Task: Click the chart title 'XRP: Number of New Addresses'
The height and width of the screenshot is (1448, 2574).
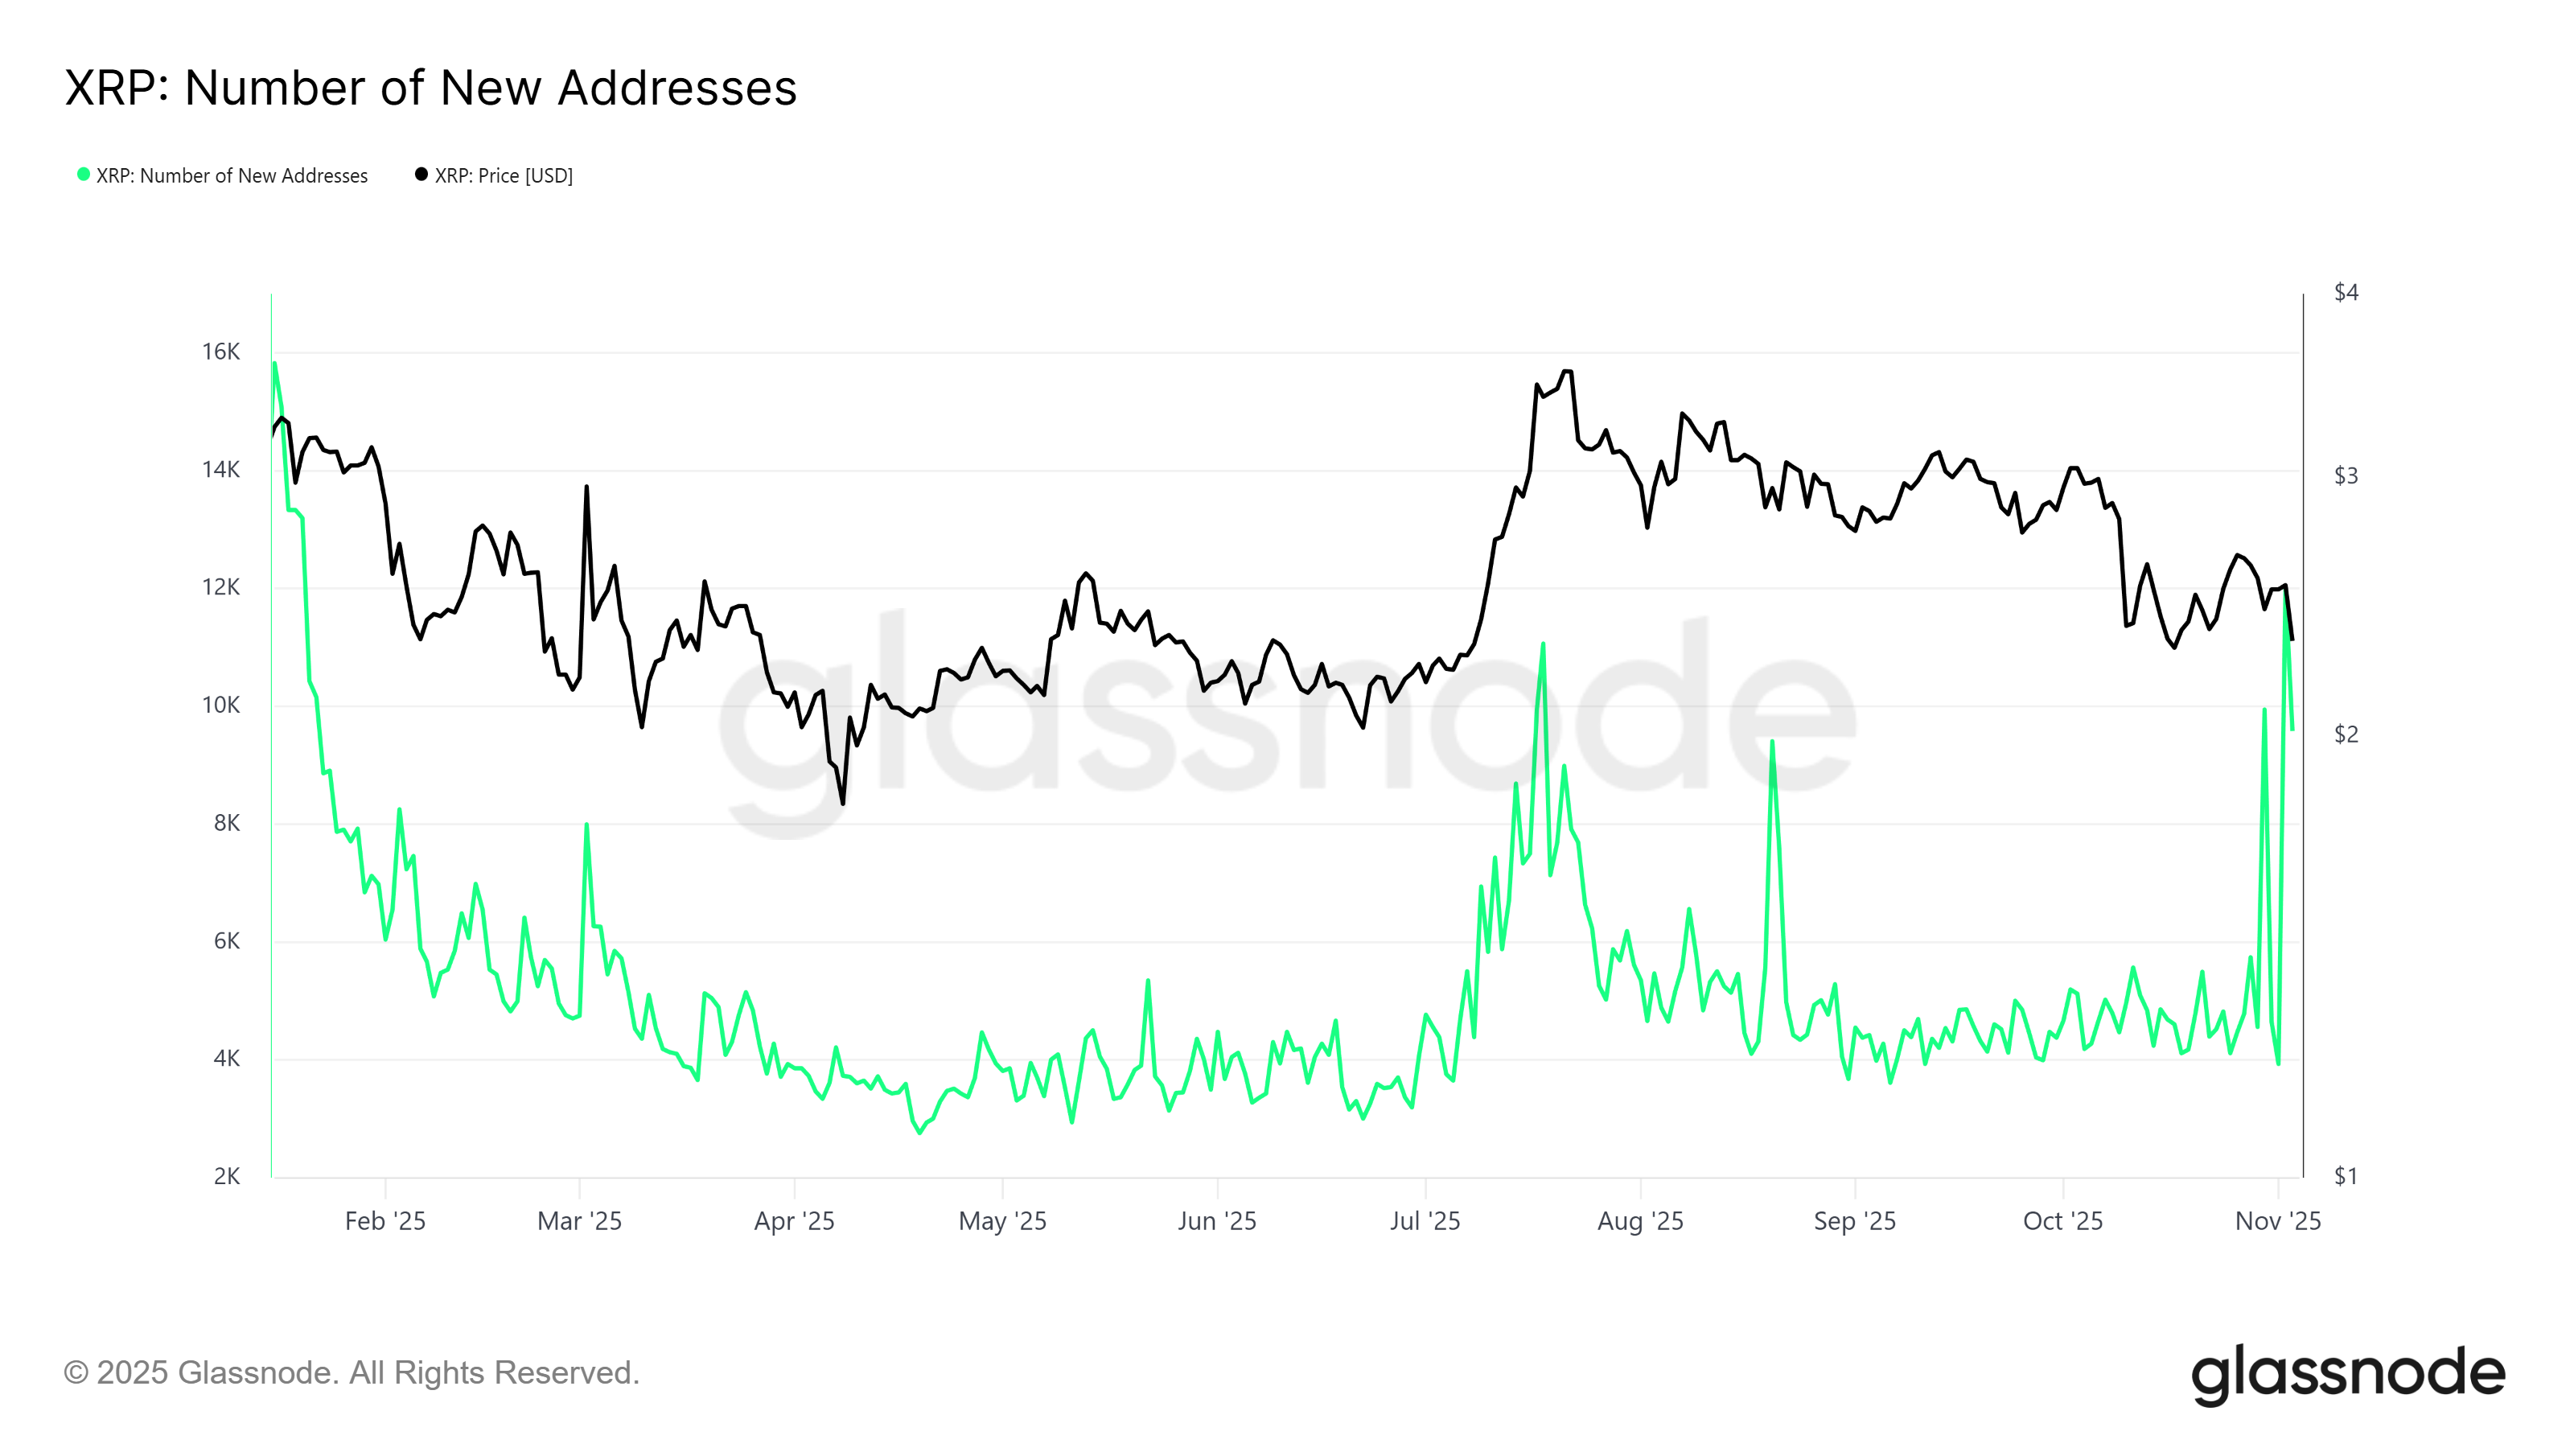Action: (430, 88)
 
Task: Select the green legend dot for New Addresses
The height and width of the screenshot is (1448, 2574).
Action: (84, 175)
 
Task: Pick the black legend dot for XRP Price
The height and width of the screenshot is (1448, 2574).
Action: (421, 175)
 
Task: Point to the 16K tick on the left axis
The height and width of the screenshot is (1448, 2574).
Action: (221, 352)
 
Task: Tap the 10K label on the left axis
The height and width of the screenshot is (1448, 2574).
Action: (221, 705)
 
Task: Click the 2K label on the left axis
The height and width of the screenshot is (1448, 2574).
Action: (227, 1176)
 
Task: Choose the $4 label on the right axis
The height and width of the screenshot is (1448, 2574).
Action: (2346, 293)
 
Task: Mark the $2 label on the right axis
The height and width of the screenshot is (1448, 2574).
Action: (2346, 734)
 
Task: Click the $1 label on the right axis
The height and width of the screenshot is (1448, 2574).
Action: (2346, 1176)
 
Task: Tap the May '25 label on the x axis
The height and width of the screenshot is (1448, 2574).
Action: (1002, 1221)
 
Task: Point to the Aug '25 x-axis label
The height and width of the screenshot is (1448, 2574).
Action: (1640, 1221)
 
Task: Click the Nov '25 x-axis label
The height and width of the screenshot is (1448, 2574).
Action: (2277, 1221)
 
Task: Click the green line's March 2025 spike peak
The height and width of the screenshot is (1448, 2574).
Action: (586, 825)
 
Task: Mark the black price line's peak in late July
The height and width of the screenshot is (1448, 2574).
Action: (1567, 372)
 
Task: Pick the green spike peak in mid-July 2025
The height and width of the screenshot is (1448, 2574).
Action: (1543, 644)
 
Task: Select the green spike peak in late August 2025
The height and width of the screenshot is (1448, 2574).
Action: (1771, 742)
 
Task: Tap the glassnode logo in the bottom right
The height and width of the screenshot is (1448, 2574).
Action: (2348, 1374)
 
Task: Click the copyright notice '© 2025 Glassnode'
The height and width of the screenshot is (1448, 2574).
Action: (351, 1373)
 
